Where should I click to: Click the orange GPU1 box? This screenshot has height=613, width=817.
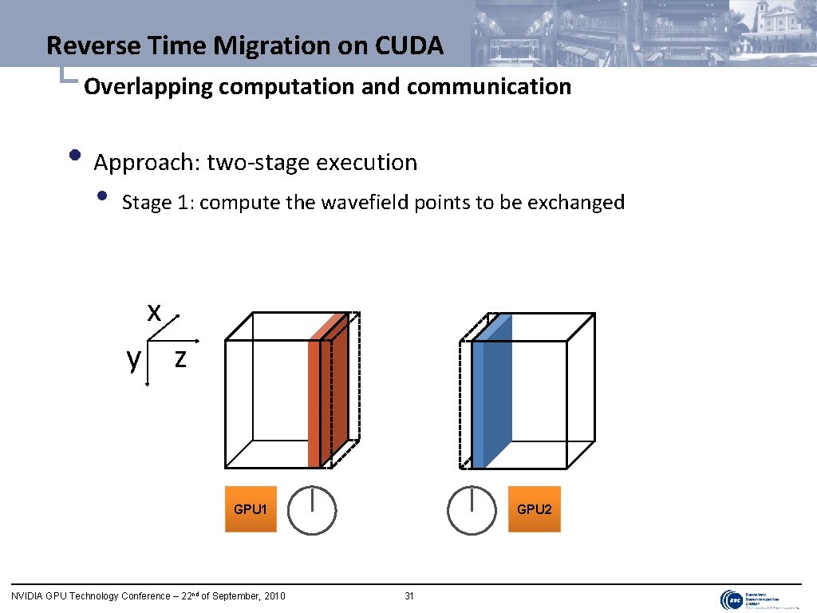[x=251, y=509]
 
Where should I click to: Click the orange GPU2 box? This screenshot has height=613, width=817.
[x=534, y=509]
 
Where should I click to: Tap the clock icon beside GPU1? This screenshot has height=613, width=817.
[x=311, y=510]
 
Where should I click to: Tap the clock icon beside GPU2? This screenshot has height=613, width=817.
[x=472, y=510]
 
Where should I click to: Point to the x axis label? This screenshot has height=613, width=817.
[x=154, y=312]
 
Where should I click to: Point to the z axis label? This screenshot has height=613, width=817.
[x=180, y=358]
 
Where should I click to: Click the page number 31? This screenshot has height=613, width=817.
[x=409, y=596]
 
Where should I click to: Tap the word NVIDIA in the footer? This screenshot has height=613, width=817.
[x=26, y=596]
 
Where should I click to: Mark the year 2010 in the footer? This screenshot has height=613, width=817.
[x=274, y=596]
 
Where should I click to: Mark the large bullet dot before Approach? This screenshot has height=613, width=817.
[x=74, y=154]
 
